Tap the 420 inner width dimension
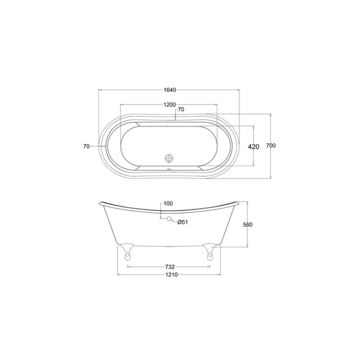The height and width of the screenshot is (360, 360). (x=254, y=147)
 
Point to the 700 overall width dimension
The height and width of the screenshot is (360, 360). (x=271, y=146)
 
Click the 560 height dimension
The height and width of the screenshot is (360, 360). (x=248, y=225)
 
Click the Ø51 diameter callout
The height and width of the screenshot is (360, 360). (x=183, y=222)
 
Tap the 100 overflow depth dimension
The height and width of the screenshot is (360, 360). (x=168, y=204)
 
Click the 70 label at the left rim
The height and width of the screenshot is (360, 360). (x=86, y=146)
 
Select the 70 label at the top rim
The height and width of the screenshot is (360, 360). (x=181, y=109)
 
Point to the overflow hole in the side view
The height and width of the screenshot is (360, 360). (x=168, y=218)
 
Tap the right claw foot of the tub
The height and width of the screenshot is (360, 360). (x=210, y=251)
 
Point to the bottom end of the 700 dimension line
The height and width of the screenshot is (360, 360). (x=271, y=178)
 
